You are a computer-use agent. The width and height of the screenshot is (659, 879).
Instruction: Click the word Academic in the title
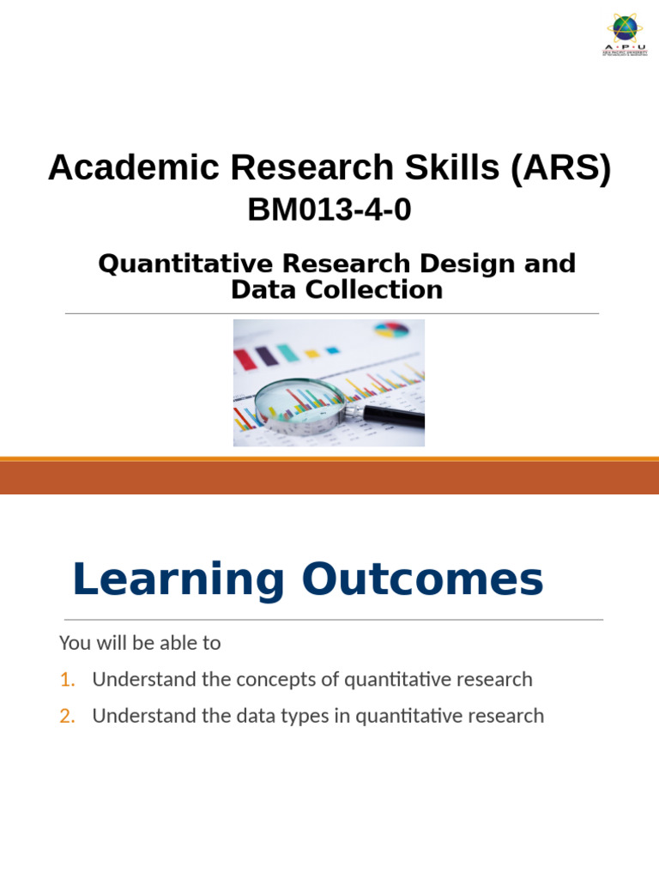tap(117, 167)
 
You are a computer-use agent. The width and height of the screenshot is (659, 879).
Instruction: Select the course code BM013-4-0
tap(329, 209)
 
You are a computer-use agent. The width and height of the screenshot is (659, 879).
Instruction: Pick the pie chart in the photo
tap(391, 330)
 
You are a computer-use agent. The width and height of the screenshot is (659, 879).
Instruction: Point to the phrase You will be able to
tap(140, 643)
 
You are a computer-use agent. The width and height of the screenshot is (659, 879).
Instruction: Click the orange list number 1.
tap(67, 680)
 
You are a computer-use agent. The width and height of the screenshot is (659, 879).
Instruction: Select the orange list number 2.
tap(67, 716)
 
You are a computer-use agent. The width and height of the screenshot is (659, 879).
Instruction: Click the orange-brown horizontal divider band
tap(329, 477)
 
